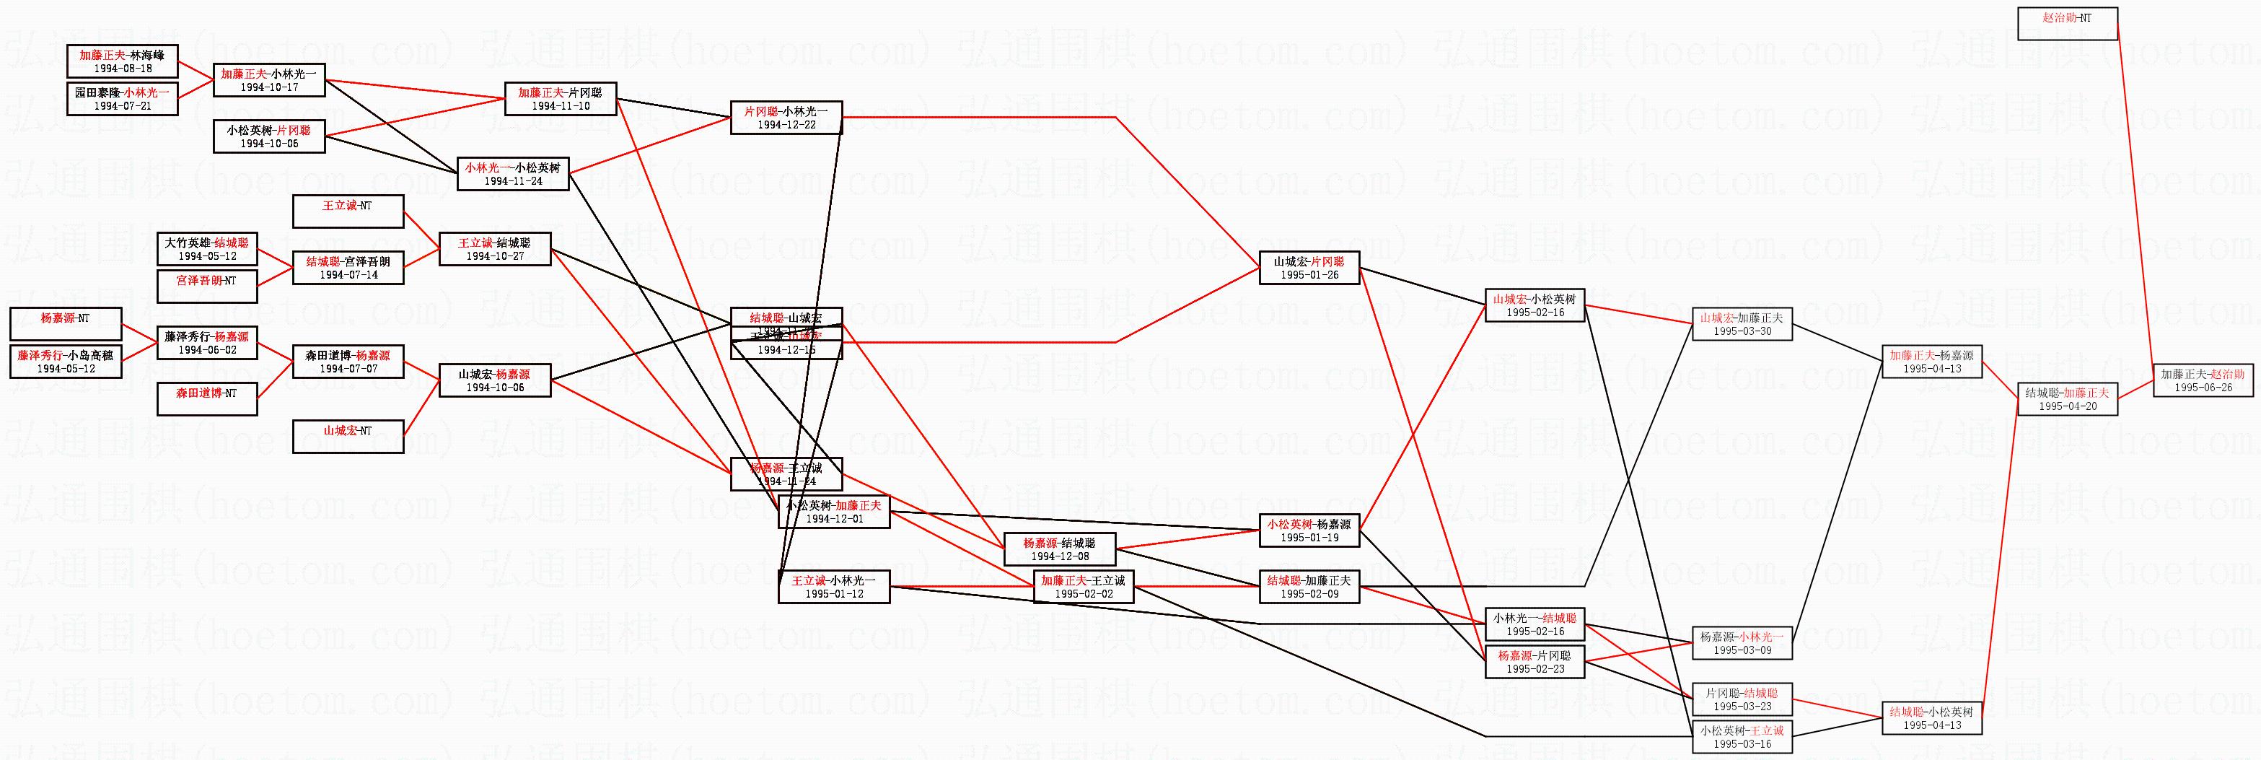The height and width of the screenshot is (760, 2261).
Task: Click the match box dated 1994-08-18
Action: point(122,61)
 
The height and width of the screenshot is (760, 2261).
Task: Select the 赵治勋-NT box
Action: point(2067,24)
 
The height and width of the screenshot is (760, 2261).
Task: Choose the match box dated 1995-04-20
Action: point(2067,399)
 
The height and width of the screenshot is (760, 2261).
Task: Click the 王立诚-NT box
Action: point(348,211)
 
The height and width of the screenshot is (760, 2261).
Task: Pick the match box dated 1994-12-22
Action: point(786,118)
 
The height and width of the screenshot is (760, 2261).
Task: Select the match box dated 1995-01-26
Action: point(1309,268)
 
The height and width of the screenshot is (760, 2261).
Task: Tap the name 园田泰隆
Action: point(97,92)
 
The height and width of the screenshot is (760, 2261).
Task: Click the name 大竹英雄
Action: point(187,243)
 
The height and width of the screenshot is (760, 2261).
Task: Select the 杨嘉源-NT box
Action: point(65,324)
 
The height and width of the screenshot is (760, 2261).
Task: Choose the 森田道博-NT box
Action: point(206,399)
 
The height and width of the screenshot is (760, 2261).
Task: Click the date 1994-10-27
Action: point(494,256)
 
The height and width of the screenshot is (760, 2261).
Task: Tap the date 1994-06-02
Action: point(206,350)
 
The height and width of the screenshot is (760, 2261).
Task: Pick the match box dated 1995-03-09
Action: point(1742,643)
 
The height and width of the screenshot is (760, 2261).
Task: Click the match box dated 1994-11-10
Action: point(560,99)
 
